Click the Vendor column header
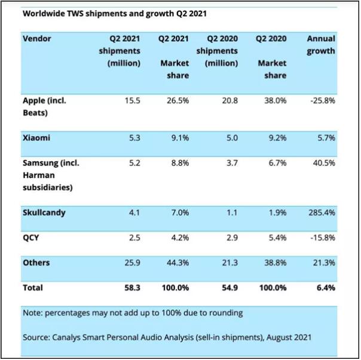point(37,39)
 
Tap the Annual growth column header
point(321,45)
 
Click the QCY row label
point(31,237)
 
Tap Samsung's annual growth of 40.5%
point(323,162)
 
